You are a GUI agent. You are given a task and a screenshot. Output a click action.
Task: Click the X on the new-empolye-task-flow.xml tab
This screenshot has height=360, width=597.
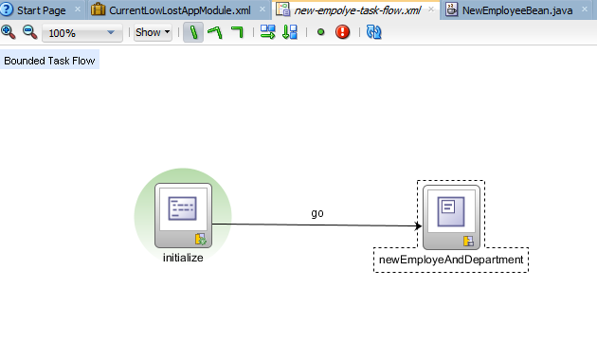tap(431, 9)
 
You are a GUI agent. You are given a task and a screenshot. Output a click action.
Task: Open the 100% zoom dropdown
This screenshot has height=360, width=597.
tap(82, 32)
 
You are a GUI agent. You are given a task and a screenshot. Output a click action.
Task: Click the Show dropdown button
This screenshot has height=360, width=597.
tap(153, 32)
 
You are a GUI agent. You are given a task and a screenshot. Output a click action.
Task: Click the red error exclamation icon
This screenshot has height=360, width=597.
tap(342, 32)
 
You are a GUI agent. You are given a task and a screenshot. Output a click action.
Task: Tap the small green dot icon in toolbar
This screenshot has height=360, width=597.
tap(320, 32)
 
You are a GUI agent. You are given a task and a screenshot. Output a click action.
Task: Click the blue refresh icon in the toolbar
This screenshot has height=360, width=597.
tap(373, 32)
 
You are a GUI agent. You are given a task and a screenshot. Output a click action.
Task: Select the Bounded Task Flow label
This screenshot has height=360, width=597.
tap(49, 61)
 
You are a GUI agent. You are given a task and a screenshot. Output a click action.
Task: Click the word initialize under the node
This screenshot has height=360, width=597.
tap(183, 258)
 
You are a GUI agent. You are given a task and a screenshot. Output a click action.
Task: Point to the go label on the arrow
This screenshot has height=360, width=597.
tap(317, 213)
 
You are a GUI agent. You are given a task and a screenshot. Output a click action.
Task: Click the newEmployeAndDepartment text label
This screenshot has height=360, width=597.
tap(451, 260)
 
